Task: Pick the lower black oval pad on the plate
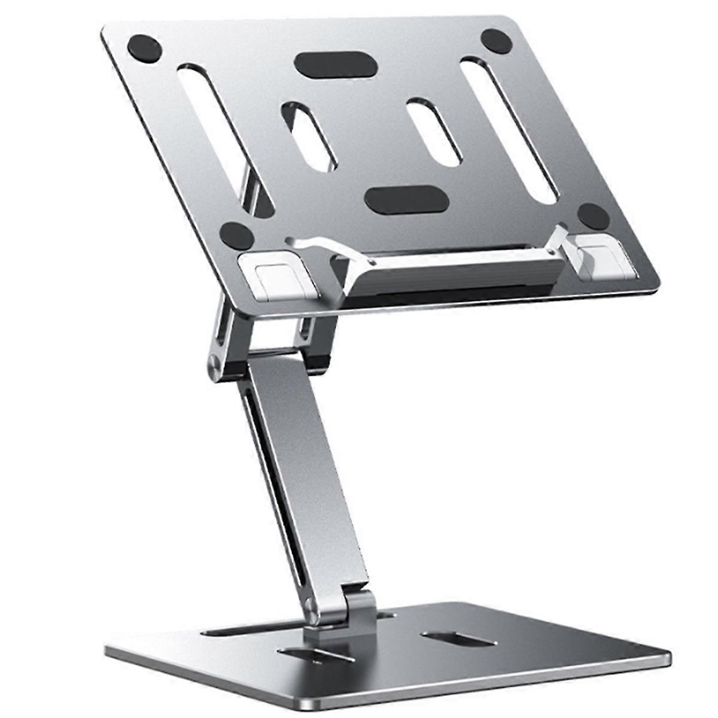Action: click(x=406, y=199)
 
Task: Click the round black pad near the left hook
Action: click(x=237, y=235)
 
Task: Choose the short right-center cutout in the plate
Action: click(x=434, y=130)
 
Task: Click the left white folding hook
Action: click(x=276, y=276)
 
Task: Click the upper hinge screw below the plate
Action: click(x=214, y=364)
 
